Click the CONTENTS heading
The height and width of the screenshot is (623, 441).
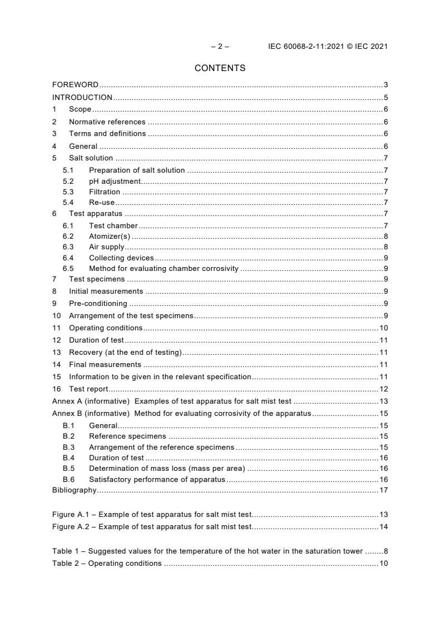click(x=220, y=68)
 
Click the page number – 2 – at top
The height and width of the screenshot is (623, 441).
click(x=220, y=47)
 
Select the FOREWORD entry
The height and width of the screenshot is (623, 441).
click(x=75, y=85)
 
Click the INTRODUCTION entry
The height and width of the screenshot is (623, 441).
click(x=82, y=97)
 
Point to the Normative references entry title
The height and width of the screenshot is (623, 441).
click(x=107, y=122)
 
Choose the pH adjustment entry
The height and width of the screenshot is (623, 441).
click(x=115, y=182)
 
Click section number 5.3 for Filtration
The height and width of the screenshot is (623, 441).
click(x=68, y=192)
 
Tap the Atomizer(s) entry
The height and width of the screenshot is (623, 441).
click(x=110, y=236)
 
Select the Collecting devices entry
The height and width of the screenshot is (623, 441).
click(x=121, y=258)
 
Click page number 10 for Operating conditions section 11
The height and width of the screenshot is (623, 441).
click(x=383, y=328)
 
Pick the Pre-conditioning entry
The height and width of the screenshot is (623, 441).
click(x=98, y=304)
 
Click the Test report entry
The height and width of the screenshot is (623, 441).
click(x=88, y=389)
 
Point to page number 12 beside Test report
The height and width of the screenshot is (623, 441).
click(x=383, y=389)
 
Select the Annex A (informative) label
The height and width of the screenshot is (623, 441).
click(x=91, y=401)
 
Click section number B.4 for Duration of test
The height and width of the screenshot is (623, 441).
click(x=68, y=458)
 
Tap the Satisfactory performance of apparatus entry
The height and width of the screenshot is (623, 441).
click(x=157, y=480)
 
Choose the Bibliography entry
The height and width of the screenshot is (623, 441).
click(x=74, y=490)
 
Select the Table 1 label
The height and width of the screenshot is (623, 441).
click(x=66, y=551)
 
